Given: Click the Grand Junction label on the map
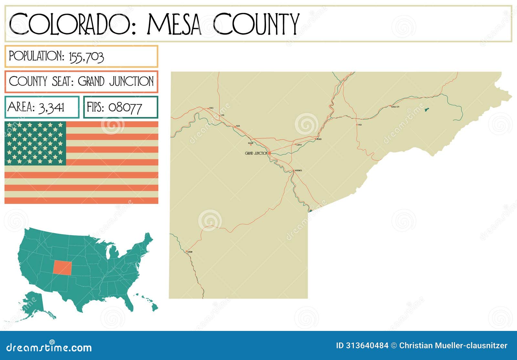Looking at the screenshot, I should tap(256, 153).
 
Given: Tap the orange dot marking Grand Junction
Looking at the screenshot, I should tap(269, 153).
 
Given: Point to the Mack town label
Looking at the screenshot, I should tap(211, 108).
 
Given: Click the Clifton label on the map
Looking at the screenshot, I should tap(299, 145).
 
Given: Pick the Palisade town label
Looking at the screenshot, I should tap(319, 139).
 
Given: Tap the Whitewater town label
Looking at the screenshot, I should tap(298, 170).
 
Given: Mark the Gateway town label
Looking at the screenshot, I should tap(190, 252).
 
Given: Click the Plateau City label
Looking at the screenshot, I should tap(395, 107).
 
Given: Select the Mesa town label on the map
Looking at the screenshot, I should tap(360, 124).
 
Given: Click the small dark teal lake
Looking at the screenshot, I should tap(426, 110).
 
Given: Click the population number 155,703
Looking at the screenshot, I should tap(86, 57).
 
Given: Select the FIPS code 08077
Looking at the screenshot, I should tap(125, 107).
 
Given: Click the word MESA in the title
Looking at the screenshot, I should tap(175, 24).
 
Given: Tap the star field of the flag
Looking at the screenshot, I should tap(35, 143).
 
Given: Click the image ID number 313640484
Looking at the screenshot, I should tap(367, 345).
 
